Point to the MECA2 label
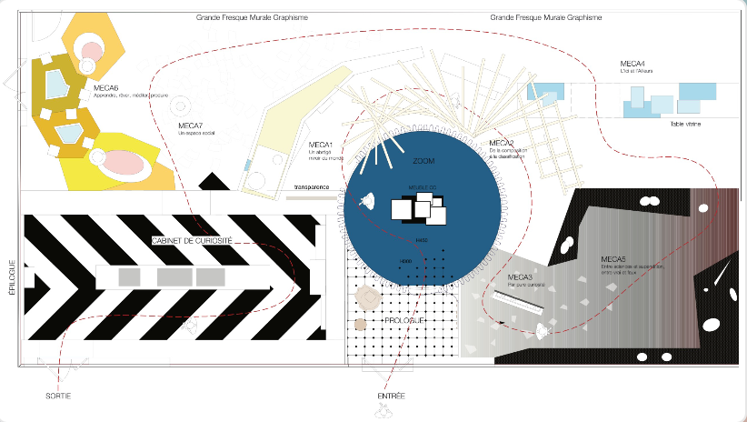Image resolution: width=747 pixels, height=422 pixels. pos(502,144)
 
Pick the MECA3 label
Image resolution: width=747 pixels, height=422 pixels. pos(520,277)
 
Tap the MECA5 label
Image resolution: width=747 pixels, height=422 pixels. pos(613,259)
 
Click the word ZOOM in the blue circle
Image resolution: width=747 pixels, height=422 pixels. pos(423,161)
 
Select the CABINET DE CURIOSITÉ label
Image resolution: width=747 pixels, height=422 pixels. pos(193,240)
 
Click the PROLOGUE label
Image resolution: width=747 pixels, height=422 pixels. pos(402,321)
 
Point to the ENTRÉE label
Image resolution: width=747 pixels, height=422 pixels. pos(391,397)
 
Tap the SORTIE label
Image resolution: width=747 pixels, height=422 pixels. pos(58,397)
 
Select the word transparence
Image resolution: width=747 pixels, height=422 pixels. pos(311,188)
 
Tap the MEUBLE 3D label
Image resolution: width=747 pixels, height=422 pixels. pos(421,190)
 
